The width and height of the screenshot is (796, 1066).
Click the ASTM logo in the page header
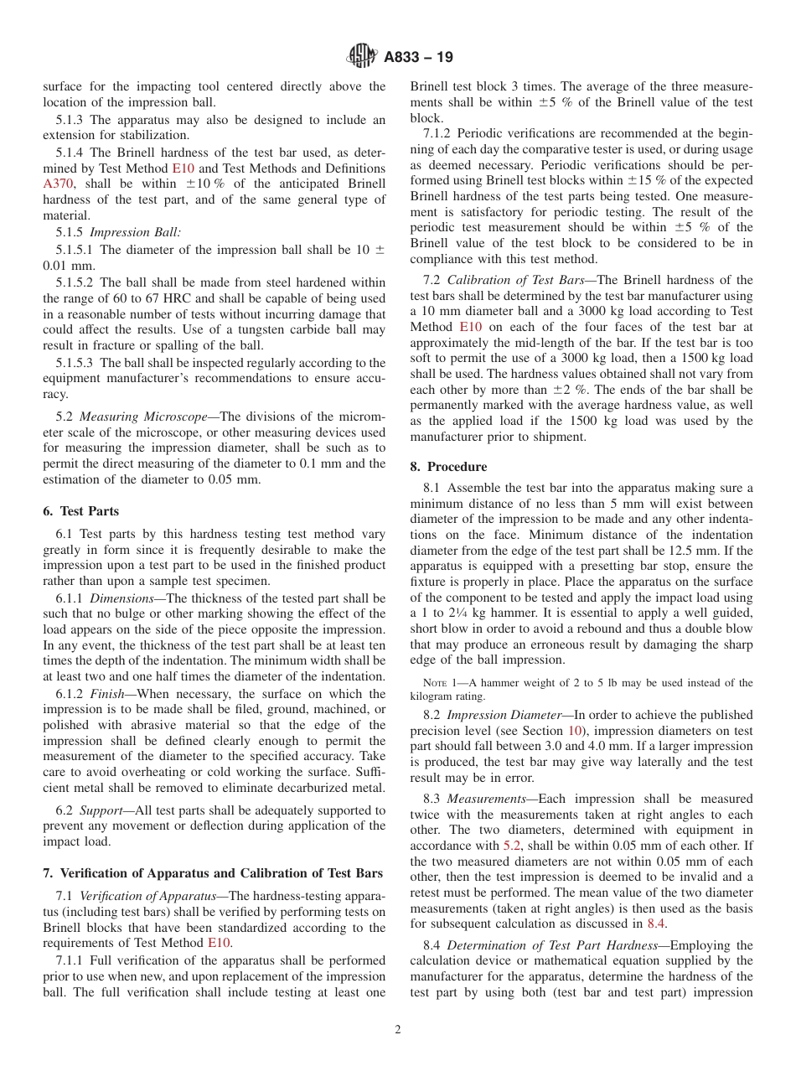(362, 57)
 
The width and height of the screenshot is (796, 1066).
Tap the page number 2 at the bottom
(398, 1030)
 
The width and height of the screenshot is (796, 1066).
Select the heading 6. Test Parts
(80, 511)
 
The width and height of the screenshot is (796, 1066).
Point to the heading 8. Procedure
(448, 467)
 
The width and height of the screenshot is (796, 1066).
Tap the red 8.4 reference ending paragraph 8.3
(657, 924)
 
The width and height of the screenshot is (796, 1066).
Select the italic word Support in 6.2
(103, 810)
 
